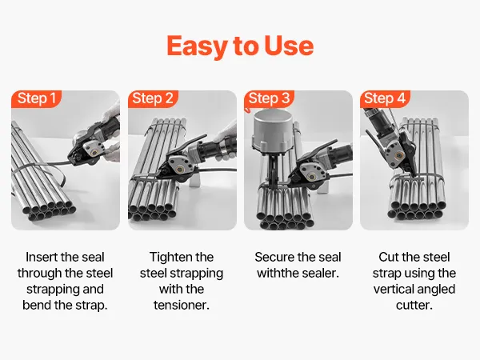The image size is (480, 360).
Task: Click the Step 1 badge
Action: point(37,98)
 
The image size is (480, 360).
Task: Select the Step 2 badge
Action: point(153,98)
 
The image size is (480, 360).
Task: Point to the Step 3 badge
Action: point(269,98)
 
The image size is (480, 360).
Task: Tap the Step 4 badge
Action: point(385,98)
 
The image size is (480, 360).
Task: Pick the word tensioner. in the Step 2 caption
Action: point(182,306)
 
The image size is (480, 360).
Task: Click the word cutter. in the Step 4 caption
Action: point(414,306)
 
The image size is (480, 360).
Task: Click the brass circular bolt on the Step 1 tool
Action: point(94,151)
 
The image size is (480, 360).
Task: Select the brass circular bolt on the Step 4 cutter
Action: point(398,155)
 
